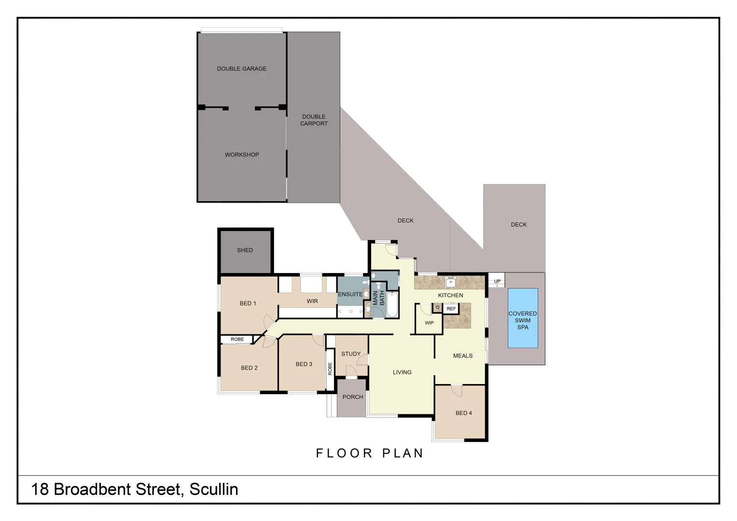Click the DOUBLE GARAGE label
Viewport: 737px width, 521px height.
coord(241,69)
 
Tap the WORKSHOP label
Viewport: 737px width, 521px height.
coord(241,155)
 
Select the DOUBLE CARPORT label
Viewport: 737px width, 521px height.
coord(314,120)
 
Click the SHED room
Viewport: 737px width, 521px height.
coord(245,250)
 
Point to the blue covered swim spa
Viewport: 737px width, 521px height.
coord(523,318)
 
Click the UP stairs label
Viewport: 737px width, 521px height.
coord(497,281)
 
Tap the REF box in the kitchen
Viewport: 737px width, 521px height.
coord(451,309)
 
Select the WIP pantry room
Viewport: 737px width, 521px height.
coord(429,323)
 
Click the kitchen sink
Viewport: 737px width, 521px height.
coord(451,282)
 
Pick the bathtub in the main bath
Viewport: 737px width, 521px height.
coord(392,304)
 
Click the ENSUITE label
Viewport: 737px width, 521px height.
coord(350,294)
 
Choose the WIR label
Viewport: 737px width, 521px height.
coord(312,301)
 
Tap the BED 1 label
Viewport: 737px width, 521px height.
coord(248,303)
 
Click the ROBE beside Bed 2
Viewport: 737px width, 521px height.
coord(237,340)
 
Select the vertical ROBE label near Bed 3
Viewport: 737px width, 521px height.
coord(330,369)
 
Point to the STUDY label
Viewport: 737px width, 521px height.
coord(351,354)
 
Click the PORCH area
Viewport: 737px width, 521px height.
coord(352,397)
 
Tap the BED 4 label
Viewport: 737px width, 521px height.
coord(463,413)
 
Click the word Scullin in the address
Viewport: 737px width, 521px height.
coord(214,489)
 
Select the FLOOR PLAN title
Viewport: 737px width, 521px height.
coord(370,453)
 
